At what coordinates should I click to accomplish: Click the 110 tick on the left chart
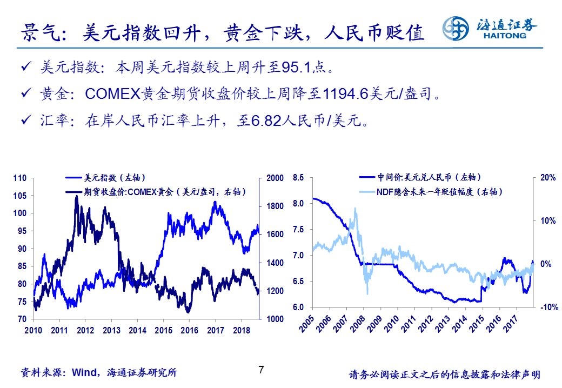(20, 178)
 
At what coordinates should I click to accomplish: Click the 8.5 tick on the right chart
(298, 178)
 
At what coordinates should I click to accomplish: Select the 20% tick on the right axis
(548, 178)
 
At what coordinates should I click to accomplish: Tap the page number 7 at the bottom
(262, 370)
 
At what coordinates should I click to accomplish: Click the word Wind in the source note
(85, 373)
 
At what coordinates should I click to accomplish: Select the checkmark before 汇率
(26, 120)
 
